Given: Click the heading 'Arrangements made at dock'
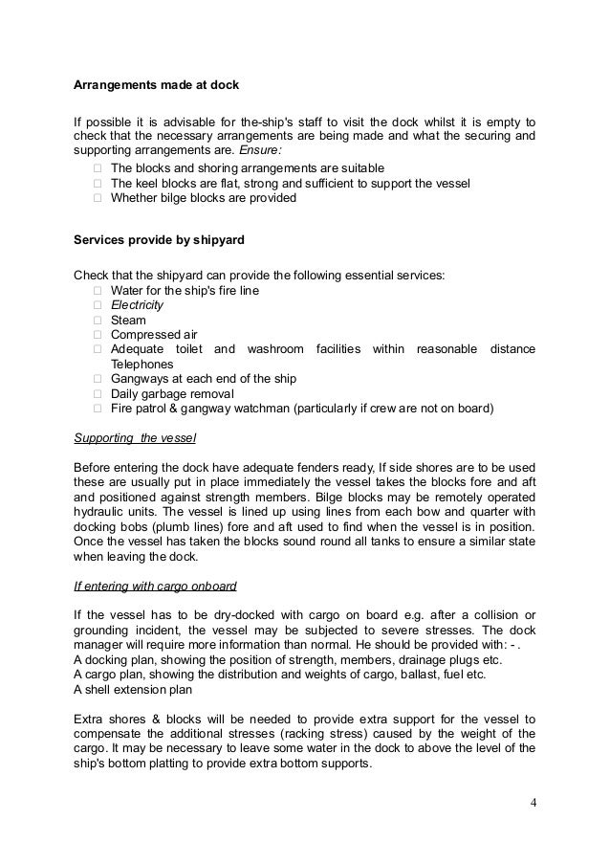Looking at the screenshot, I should (156, 84).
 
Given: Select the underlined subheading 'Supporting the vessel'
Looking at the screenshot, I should (135, 438).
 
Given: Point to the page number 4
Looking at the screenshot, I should (533, 800).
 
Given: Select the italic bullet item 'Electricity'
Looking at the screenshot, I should (137, 305).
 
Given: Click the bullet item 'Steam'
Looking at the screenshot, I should (128, 321).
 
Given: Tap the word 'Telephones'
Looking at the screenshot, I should (142, 365).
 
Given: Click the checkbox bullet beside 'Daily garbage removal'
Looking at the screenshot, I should (98, 394).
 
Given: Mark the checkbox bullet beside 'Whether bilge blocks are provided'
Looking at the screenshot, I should (98, 198).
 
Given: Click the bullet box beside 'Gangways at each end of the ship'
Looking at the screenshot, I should (98, 380).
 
